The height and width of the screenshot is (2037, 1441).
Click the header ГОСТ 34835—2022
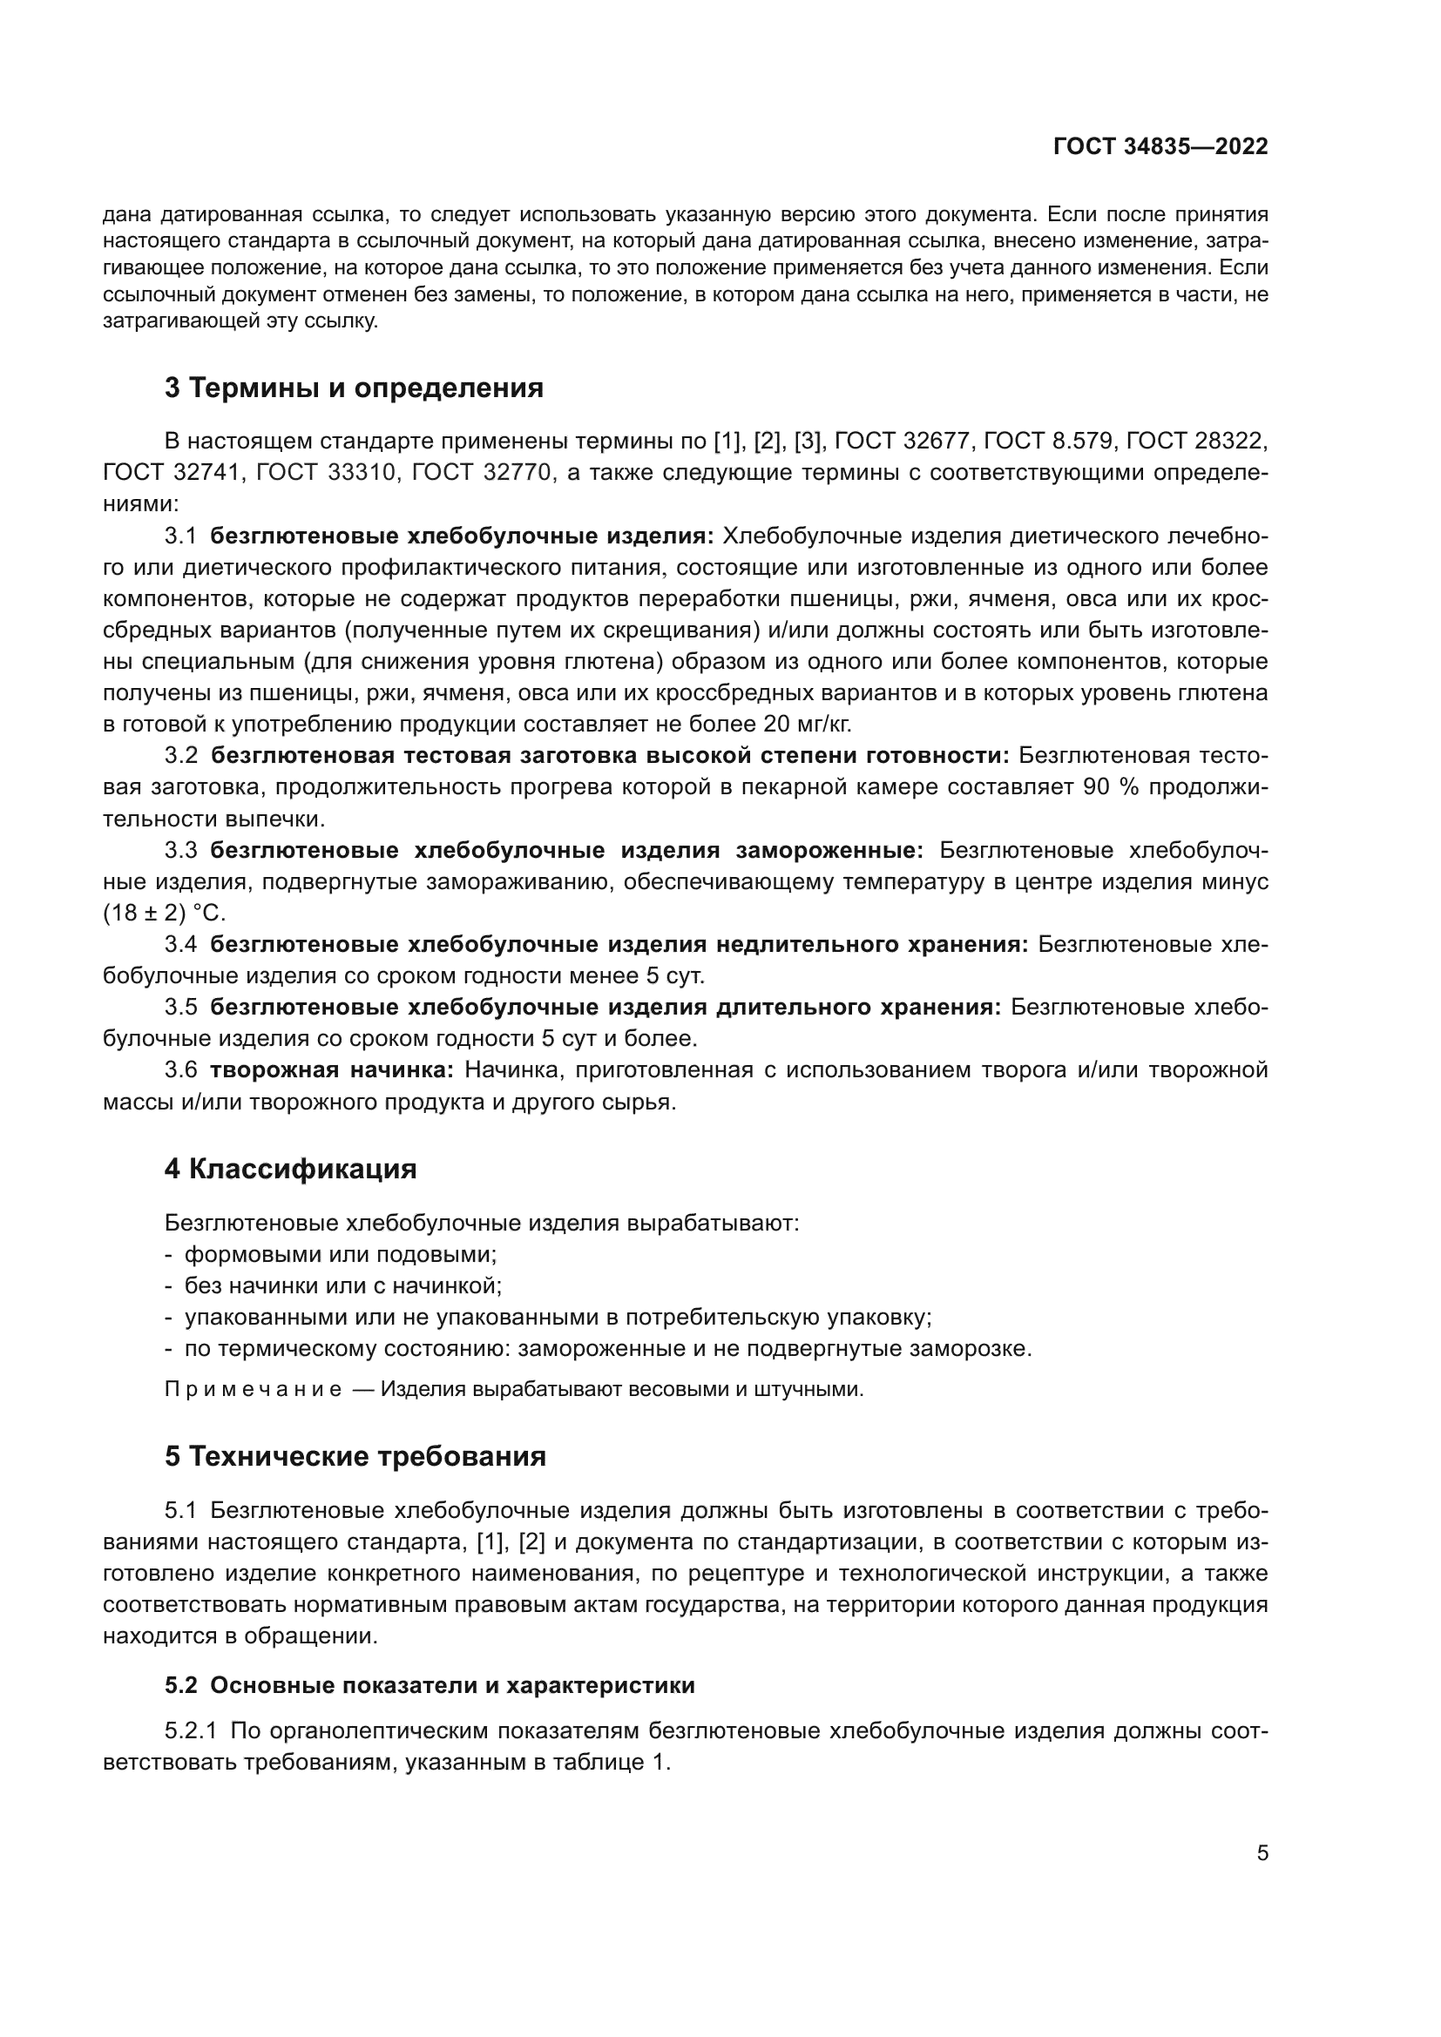[1160, 147]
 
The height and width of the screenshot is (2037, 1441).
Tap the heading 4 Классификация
[290, 1170]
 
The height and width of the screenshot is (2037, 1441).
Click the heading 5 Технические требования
[355, 1457]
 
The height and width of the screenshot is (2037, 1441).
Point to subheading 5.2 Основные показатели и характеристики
[430, 1686]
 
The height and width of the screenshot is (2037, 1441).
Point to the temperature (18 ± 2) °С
[164, 913]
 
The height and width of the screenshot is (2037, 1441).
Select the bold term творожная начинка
[331, 1070]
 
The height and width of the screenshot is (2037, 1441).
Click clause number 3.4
[181, 945]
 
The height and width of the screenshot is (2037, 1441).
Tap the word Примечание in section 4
[253, 1389]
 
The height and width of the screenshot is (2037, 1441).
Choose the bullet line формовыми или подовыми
[340, 1254]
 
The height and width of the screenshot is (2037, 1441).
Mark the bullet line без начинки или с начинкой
[342, 1285]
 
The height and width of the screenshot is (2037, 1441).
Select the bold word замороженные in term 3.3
[829, 851]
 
